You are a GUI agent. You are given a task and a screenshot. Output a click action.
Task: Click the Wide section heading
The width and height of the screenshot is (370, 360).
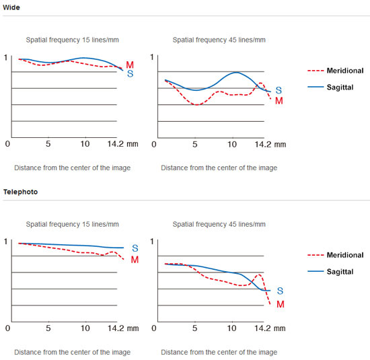pyautogui.click(x=11, y=7)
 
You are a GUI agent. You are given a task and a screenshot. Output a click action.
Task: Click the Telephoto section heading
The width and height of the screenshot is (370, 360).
pyautogui.click(x=21, y=192)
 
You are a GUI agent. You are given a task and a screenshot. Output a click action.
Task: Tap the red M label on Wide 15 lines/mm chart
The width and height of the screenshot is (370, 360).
pyautogui.click(x=130, y=65)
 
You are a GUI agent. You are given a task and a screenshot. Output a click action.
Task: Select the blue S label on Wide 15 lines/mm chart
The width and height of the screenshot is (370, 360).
pyautogui.click(x=131, y=74)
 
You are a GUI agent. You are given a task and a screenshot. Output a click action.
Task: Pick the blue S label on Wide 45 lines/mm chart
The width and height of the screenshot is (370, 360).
pyautogui.click(x=279, y=90)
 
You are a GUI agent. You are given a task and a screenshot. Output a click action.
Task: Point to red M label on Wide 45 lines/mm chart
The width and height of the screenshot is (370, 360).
pyautogui.click(x=279, y=101)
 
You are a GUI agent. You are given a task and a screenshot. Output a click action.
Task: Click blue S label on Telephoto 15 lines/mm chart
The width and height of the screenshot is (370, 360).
pyautogui.click(x=135, y=248)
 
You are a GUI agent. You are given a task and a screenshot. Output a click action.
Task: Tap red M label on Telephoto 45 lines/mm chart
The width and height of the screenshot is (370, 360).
pyautogui.click(x=281, y=304)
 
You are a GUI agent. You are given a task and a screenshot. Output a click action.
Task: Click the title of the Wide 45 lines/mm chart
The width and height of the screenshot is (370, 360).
pyautogui.click(x=219, y=40)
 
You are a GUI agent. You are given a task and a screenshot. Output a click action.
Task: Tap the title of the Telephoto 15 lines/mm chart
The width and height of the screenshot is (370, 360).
pyautogui.click(x=72, y=224)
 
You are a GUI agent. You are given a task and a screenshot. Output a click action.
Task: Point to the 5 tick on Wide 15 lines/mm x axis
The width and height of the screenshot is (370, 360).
pyautogui.click(x=48, y=144)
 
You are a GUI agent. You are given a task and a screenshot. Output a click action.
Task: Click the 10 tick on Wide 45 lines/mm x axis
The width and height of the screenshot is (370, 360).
pyautogui.click(x=232, y=144)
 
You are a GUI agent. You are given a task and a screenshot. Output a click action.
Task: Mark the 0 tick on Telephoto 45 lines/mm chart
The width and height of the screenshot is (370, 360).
pyautogui.click(x=154, y=328)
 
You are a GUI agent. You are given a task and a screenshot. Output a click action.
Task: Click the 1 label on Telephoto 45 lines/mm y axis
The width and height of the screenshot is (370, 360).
pyautogui.click(x=152, y=242)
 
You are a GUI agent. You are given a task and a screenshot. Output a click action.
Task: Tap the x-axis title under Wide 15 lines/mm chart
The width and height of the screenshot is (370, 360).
pyautogui.click(x=72, y=168)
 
